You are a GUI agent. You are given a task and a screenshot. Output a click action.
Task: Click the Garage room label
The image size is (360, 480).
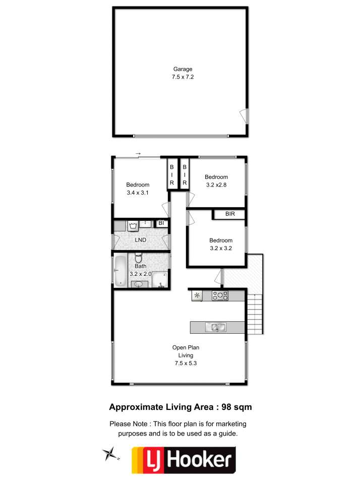tap(183, 69)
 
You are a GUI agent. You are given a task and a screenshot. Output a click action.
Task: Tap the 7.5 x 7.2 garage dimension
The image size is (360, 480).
tap(183, 77)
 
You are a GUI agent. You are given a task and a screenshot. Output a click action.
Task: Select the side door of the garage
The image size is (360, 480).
tap(244, 116)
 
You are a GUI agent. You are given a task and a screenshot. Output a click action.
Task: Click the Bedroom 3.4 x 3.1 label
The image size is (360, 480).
tap(138, 189)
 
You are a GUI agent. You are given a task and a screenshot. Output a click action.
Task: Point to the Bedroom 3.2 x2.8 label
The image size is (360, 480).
tap(216, 181)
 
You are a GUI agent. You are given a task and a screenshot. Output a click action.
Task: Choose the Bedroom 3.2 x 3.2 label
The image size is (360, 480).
tap(221, 244)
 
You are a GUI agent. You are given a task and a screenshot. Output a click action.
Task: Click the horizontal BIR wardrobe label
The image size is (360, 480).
tap(230, 214)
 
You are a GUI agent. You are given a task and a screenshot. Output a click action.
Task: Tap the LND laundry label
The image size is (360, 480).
tap(141, 240)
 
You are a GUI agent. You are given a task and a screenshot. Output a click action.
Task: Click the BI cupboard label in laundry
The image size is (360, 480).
tap(161, 223)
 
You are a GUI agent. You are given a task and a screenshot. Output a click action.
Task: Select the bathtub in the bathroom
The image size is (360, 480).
tap(121, 271)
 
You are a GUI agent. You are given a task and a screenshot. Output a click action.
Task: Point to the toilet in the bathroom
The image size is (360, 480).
tap(139, 258)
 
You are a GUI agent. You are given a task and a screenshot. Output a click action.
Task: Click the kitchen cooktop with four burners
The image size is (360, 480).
tap(220, 295)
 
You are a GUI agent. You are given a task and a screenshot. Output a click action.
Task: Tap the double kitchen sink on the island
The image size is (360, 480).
tap(216, 327)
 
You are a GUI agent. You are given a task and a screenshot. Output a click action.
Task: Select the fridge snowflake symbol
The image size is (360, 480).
tap(197, 295)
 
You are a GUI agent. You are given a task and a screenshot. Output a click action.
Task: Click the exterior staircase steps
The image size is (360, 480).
tap(255, 314)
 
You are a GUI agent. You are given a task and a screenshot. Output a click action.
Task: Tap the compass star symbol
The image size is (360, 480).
tap(110, 454)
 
